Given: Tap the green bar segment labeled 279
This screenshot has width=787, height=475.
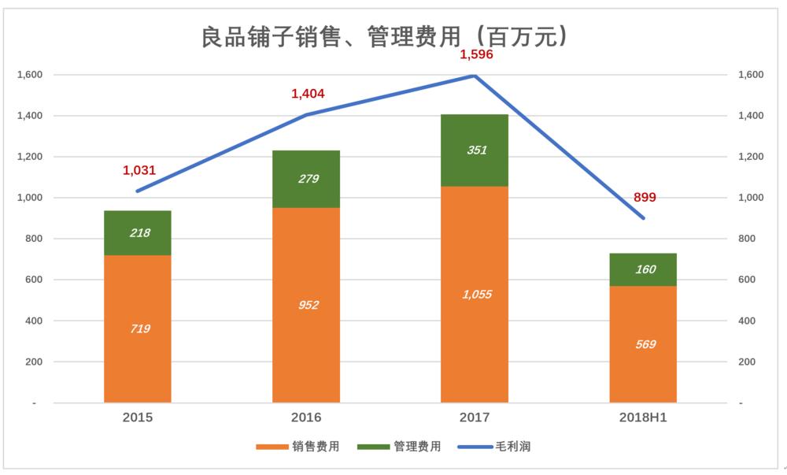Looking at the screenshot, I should point(306,179).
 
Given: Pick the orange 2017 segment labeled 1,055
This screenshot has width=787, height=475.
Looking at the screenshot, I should point(475,294).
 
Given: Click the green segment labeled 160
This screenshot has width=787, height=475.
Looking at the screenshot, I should point(643,269).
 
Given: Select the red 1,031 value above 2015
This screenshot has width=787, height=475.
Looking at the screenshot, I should point(139,169).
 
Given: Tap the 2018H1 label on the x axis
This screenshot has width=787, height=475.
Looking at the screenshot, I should point(643,417).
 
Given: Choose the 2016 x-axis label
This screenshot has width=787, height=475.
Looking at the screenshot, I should point(306,417).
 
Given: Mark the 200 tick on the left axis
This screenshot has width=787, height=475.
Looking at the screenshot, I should point(35,362).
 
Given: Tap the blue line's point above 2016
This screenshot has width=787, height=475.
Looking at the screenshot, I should point(306,115).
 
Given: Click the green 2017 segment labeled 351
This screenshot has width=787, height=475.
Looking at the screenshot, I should point(475,150).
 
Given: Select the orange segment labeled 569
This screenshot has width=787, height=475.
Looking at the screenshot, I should point(643,344).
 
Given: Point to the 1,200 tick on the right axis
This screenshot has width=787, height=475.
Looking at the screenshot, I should point(752,157).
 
